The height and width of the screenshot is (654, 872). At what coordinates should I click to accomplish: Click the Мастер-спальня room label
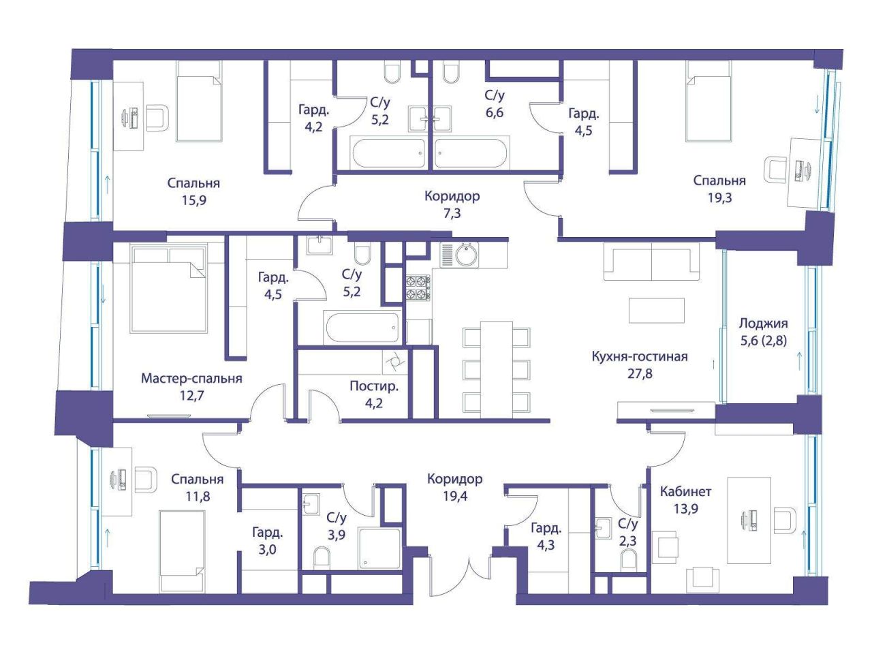pos(191,378)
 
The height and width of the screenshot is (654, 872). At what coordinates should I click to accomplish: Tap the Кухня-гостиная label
pos(640,356)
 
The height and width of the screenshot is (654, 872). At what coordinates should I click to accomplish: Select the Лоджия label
pos(763,324)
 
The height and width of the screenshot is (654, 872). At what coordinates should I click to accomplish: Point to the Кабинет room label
pos(686,492)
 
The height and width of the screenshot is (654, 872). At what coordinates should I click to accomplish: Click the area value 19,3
pos(719,198)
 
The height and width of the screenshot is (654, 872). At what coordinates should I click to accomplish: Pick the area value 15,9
pos(194,200)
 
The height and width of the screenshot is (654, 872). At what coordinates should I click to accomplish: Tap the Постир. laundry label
pos(374,386)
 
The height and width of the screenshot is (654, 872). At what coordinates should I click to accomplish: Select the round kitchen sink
pos(467,255)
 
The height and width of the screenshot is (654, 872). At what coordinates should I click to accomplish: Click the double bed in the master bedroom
pos(168,289)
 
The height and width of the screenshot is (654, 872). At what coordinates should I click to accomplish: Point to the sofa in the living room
pos(651,262)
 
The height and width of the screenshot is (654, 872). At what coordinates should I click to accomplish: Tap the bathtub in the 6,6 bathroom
pos(471,153)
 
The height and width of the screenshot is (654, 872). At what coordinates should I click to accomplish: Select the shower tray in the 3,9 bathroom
pos(379,548)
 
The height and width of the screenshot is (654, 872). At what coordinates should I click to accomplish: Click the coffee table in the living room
pos(656,310)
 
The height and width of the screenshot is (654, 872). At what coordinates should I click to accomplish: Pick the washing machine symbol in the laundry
pos(394,362)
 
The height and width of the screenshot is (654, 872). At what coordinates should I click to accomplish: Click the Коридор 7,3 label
pos(452,204)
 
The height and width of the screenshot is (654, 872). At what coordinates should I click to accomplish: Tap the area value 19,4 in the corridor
pos(455,496)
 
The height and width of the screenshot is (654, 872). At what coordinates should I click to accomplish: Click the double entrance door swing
pos(461,576)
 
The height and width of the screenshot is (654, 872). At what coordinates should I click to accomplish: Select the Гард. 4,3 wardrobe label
pos(546,536)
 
